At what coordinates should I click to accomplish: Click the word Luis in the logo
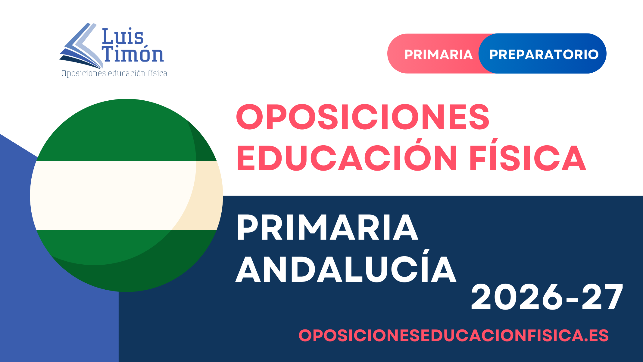(x=123, y=36)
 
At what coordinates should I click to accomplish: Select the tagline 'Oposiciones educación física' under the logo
(x=114, y=73)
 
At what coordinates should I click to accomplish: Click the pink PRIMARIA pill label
(x=439, y=55)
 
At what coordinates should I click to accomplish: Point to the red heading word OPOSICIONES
(x=363, y=117)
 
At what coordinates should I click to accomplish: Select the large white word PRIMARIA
(x=327, y=228)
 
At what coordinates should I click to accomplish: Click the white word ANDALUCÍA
(x=346, y=267)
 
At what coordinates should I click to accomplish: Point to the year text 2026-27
(x=547, y=297)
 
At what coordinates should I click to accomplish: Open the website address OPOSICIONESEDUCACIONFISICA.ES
(x=454, y=335)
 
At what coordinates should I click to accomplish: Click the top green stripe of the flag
(x=126, y=130)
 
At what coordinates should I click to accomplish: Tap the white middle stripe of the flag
(x=126, y=195)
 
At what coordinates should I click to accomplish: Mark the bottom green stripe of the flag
(x=126, y=261)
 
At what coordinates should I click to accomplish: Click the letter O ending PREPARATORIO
(x=592, y=55)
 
